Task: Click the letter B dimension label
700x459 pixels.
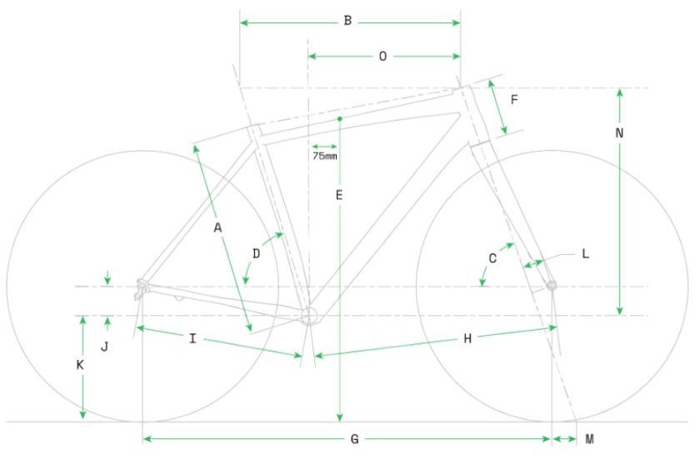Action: point(347,21)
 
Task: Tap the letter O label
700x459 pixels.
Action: point(382,56)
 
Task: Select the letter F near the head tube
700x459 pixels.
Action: point(514,99)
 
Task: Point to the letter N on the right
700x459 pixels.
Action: point(619,132)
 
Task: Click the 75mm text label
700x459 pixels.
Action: point(324,156)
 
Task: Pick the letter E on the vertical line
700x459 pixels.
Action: point(339,195)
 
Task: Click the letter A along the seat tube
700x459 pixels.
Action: point(217,228)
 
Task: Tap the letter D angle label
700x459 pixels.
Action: point(257,254)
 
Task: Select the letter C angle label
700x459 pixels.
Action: point(492,258)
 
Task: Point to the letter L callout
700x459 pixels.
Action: point(585,254)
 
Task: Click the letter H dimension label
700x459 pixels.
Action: point(467,339)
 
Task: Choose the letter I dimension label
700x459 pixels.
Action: point(192,338)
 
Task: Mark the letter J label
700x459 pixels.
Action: point(104,347)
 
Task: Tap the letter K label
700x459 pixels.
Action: point(80,365)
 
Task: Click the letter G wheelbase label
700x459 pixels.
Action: point(354,439)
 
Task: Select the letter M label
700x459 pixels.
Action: point(589,439)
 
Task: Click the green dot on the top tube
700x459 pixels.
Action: point(340,118)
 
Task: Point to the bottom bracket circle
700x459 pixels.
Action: point(308,316)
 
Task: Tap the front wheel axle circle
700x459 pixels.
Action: point(552,286)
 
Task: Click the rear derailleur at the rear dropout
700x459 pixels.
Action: point(141,289)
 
